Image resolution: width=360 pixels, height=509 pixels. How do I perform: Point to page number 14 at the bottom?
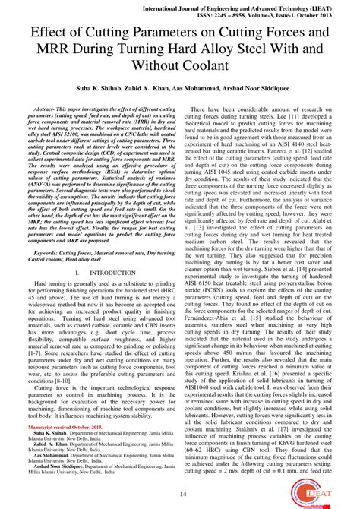pyautogui.click(x=180, y=494)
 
